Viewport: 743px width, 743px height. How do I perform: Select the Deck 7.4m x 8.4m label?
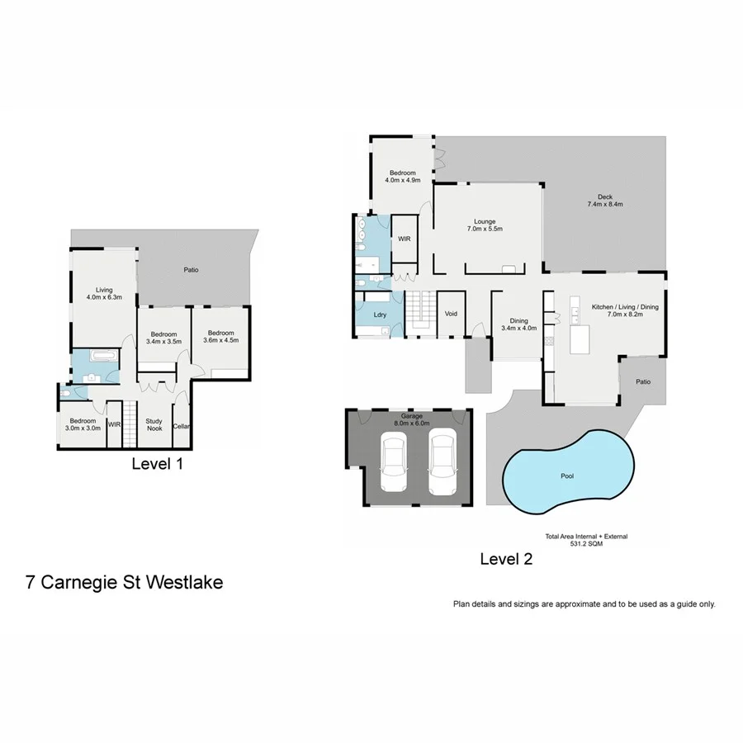[x=605, y=200]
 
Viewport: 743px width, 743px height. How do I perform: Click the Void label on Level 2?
[x=451, y=314]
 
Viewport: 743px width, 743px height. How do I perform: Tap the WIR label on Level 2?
[x=404, y=239]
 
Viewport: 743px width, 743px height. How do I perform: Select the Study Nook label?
[x=154, y=424]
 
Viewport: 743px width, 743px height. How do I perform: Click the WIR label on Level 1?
[x=114, y=424]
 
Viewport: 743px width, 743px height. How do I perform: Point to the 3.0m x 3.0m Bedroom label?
[x=83, y=424]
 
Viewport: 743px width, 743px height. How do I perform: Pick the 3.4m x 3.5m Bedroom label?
[x=163, y=338]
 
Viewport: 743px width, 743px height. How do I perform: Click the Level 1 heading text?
[x=157, y=464]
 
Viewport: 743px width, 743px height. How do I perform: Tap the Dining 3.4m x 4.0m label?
[x=518, y=324]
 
